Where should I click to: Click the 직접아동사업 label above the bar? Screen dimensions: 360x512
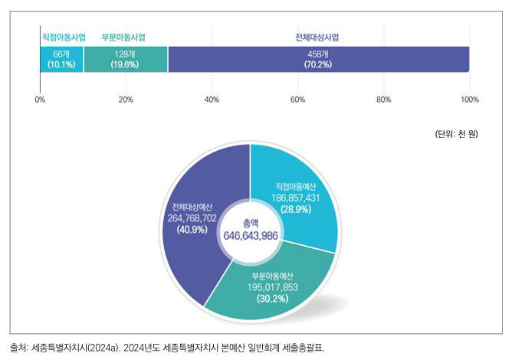pos(63,36)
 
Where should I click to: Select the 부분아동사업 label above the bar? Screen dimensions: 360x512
pos(124,36)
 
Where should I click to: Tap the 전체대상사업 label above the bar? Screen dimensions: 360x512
pos(317,36)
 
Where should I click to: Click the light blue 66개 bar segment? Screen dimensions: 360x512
pos(61,59)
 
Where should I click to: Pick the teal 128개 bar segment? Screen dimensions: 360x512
pos(125,59)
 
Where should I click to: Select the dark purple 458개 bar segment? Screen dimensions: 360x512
pos(318,59)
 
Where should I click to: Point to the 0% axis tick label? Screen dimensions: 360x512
pos(40,100)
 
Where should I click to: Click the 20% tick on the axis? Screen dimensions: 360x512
pos(126,100)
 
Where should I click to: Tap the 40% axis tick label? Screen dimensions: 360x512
pos(212,100)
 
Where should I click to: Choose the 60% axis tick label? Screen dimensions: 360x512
pos(298,100)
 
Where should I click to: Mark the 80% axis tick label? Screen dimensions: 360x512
pos(384,100)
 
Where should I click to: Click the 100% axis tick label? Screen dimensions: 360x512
pos(469,100)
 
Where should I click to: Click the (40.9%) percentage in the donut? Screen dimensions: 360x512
pos(192,229)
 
